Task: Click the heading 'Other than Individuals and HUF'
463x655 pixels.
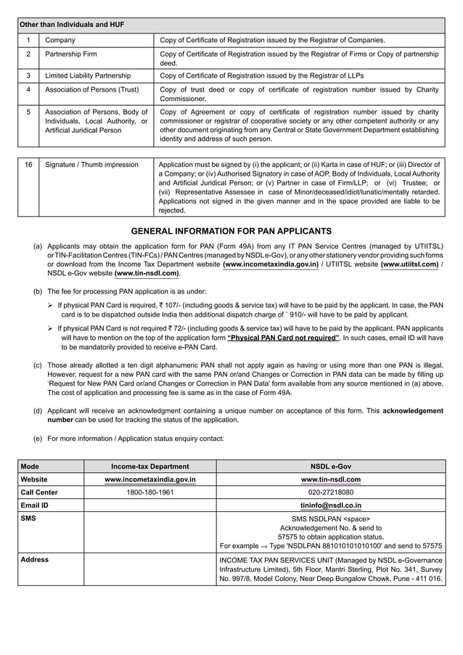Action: (72, 25)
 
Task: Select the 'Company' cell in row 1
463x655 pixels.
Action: (60, 40)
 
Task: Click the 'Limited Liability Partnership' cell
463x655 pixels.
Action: (88, 76)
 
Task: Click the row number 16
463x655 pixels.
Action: (28, 165)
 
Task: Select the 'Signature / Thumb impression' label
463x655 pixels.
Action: (91, 165)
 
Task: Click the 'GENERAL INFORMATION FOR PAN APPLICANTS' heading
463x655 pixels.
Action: (231, 231)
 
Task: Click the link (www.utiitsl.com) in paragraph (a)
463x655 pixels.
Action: (409, 265)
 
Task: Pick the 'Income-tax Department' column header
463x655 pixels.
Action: (149, 466)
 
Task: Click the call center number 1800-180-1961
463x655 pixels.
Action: (149, 492)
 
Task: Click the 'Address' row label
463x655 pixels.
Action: (35, 560)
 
